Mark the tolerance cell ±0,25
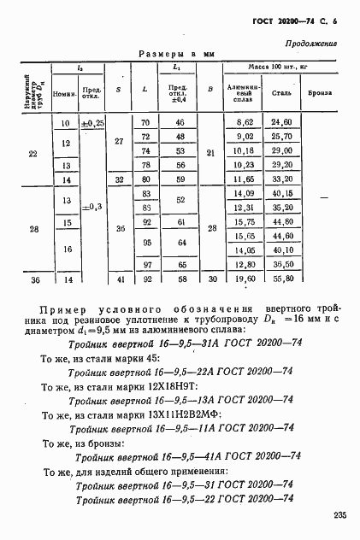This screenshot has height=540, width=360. point(92,123)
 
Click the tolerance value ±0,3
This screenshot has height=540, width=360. point(92,207)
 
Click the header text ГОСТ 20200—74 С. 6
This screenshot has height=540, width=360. point(296,21)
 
